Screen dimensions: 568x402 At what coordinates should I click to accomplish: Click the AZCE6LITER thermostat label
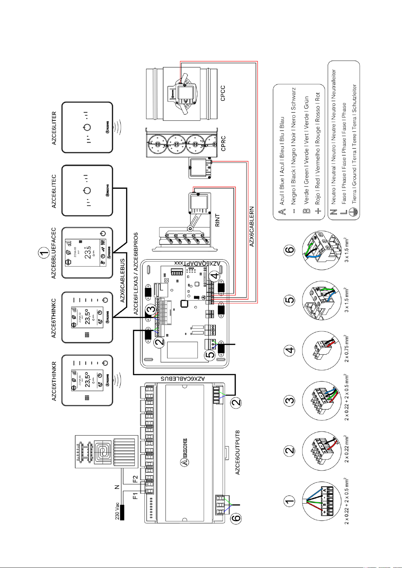[54, 128]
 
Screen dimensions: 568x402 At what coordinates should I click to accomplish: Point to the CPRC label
[223, 143]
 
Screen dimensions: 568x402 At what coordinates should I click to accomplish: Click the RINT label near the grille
[218, 220]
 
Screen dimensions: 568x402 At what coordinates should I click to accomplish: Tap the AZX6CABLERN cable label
[252, 227]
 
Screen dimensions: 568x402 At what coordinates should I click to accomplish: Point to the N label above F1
[117, 487]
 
